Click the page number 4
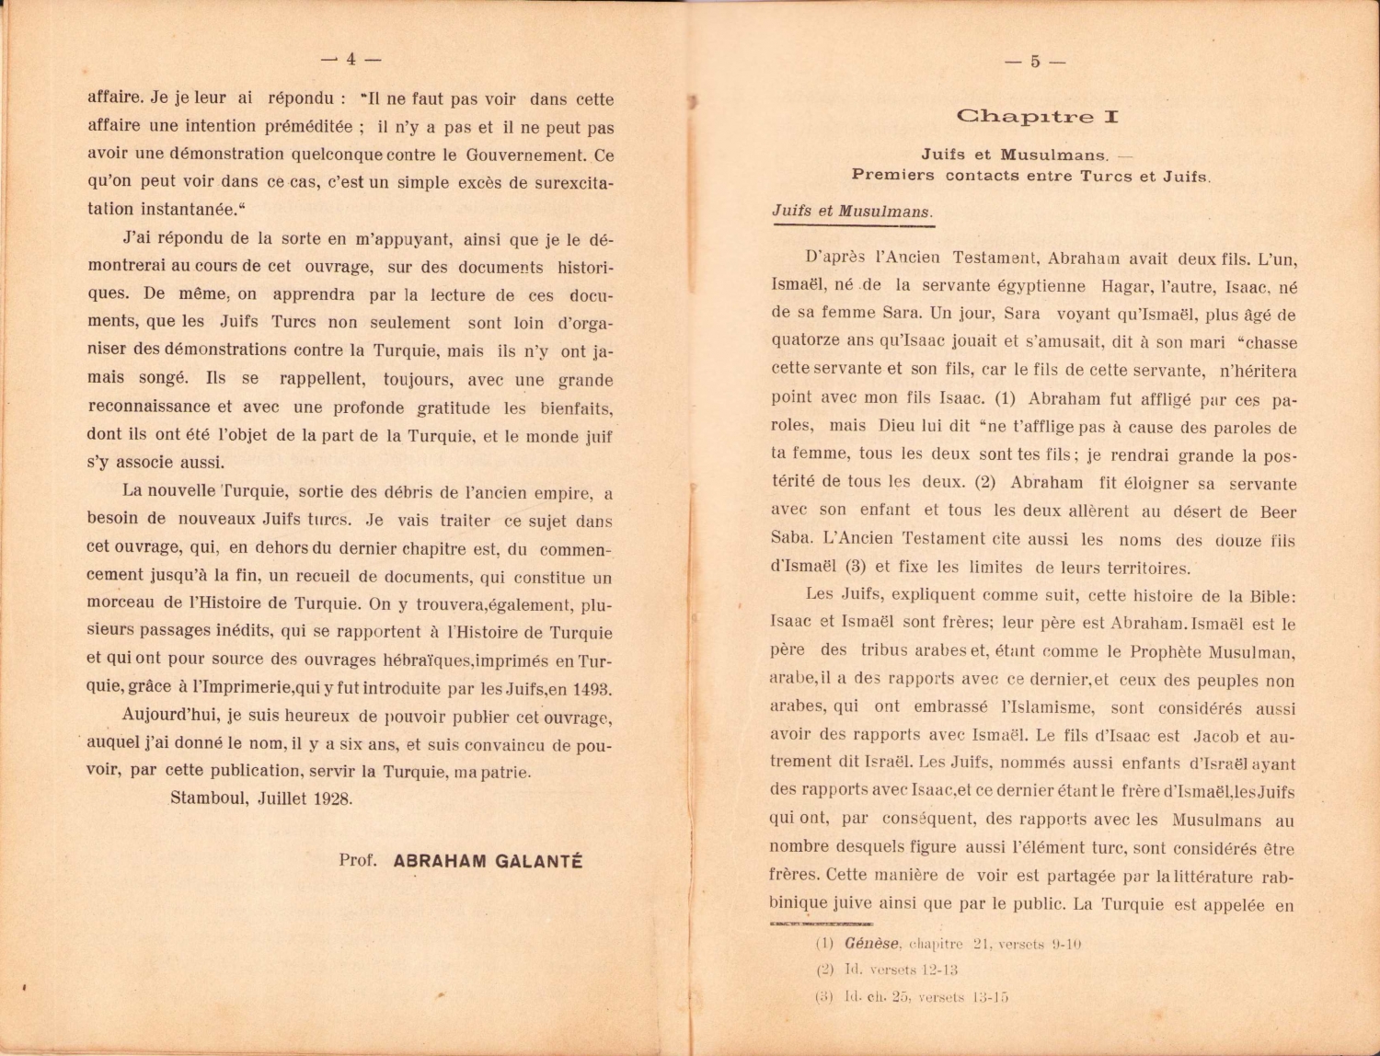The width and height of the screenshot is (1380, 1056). [351, 60]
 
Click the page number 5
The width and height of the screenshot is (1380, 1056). [1035, 62]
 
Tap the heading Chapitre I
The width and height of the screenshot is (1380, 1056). [1037, 117]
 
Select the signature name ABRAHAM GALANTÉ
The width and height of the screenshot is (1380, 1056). [488, 862]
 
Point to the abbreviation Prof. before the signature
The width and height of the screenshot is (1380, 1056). [358, 862]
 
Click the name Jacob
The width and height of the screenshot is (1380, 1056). [1215, 736]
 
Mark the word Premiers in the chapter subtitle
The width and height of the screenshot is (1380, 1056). [892, 175]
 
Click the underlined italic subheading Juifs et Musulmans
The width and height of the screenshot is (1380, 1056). [852, 212]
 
